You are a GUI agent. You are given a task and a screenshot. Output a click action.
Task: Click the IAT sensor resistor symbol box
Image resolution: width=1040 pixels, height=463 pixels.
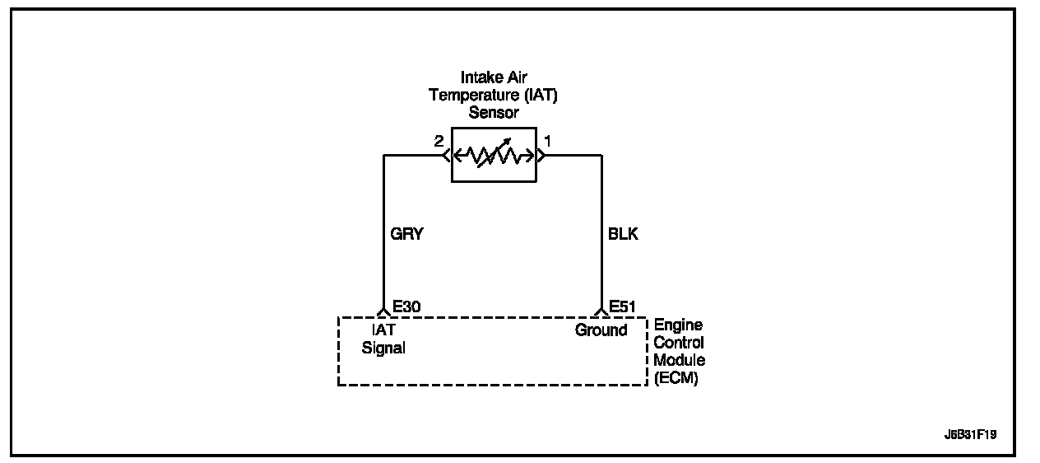[494, 155]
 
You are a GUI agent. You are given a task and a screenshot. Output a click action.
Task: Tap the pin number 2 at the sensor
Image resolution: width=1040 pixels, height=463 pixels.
[439, 142]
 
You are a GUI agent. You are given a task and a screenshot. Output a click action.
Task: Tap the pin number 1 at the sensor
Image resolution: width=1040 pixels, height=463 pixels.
[547, 142]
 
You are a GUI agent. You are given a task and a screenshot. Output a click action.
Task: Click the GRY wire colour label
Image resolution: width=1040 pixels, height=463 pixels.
[406, 234]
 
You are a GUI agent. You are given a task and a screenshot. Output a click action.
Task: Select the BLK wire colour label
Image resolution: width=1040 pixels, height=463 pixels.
[621, 234]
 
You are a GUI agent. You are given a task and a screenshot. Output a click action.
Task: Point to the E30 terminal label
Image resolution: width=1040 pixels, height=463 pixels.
[406, 306]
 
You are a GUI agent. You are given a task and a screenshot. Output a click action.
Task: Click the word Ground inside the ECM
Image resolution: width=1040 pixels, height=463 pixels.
[601, 330]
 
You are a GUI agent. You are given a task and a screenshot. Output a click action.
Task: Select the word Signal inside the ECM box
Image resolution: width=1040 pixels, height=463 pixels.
[383, 348]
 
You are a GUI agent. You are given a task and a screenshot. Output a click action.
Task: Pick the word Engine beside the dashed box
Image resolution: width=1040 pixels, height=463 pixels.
[678, 325]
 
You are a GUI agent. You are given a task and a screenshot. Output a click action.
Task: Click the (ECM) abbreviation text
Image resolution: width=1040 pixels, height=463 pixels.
[676, 378]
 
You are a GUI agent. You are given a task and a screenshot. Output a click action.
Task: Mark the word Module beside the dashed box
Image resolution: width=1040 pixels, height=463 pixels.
[679, 360]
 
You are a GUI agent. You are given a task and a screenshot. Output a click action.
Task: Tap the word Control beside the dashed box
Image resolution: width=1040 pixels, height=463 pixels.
[679, 343]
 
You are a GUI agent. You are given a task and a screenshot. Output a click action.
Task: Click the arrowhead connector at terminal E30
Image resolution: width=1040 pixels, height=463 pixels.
[383, 311]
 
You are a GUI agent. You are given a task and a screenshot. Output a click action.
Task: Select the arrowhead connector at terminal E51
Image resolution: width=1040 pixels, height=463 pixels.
[601, 311]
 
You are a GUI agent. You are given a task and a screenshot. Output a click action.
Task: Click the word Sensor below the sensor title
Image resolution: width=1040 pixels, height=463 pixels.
[494, 112]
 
